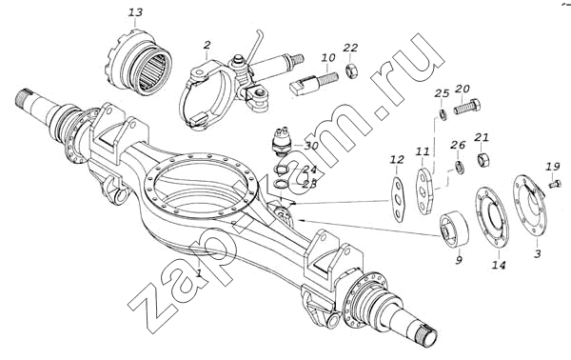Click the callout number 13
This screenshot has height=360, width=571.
(x=135, y=12)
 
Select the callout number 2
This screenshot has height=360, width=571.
(x=207, y=45)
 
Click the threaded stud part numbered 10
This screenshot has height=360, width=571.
(x=314, y=83)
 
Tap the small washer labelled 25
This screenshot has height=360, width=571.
(x=443, y=114)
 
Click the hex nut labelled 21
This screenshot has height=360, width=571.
(x=482, y=159)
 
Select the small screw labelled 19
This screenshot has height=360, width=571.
(x=554, y=183)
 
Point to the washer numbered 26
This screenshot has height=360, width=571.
(x=460, y=168)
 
